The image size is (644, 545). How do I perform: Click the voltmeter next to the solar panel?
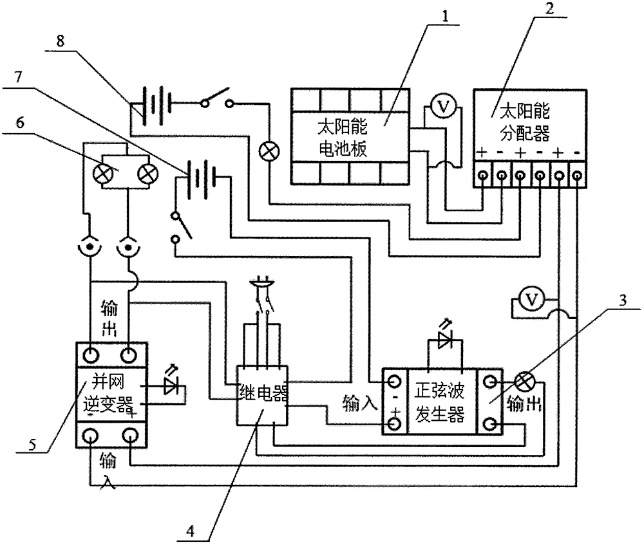[x=443, y=107]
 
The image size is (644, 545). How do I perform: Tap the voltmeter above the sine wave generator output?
[x=531, y=300]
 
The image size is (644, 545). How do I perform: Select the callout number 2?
[x=549, y=9]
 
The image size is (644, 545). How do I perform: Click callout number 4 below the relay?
[x=190, y=531]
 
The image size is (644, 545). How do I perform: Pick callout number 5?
[x=32, y=445]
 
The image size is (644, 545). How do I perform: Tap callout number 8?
[x=61, y=41]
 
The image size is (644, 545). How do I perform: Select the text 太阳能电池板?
[x=343, y=138]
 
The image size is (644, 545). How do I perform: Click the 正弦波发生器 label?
[x=439, y=402]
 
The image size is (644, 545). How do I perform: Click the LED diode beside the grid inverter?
[x=171, y=386]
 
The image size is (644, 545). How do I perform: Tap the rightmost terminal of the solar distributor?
[x=577, y=176]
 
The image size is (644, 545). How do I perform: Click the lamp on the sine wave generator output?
[x=524, y=382]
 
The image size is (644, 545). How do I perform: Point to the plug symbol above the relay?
[x=261, y=283]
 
